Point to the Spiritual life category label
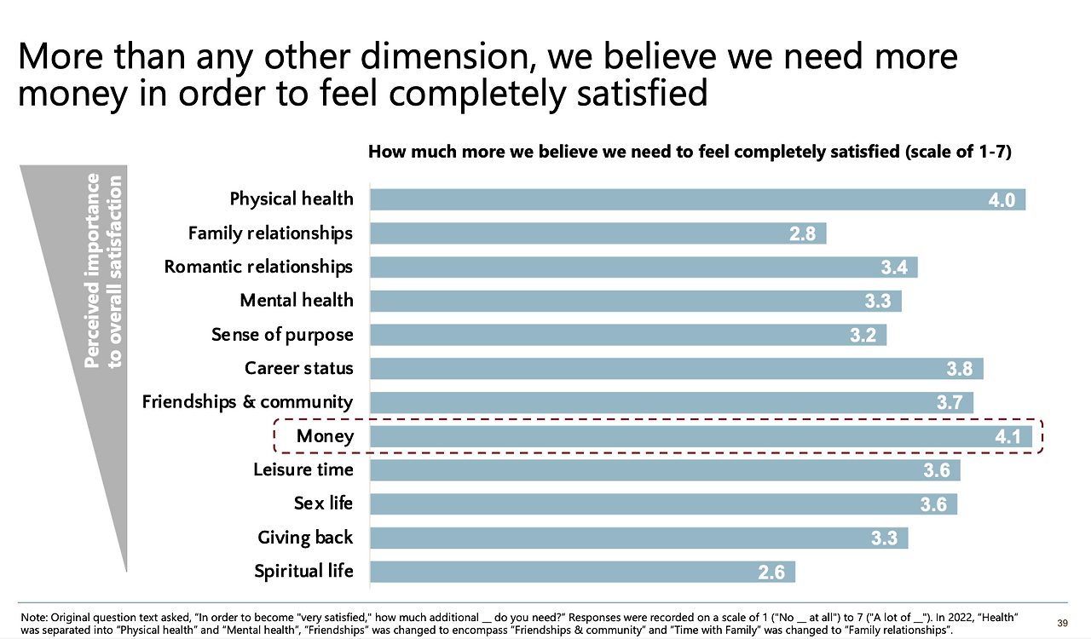tap(303, 571)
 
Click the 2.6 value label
tap(771, 573)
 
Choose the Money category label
tap(325, 436)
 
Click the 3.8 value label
tap(959, 370)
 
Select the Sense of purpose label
tap(282, 335)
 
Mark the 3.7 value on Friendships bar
tap(950, 404)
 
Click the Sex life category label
tap(323, 503)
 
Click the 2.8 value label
tap(803, 234)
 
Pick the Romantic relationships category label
tap(258, 267)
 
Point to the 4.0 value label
tap(1002, 200)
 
